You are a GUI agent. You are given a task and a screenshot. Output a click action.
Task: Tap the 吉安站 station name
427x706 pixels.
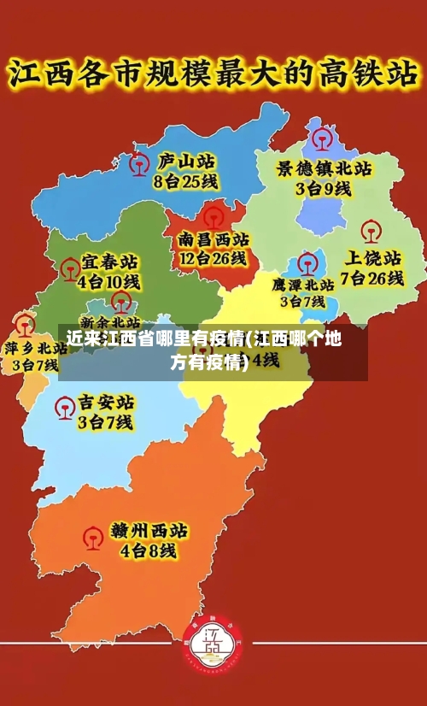coord(106,402)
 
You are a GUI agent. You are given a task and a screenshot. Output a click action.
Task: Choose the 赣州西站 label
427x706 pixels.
coord(149,531)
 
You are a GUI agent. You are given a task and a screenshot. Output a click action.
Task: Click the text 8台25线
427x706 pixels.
coord(185,181)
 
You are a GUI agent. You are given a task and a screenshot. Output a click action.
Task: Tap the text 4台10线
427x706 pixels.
coord(108,280)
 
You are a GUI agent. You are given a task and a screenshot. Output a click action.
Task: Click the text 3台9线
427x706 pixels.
coord(324,189)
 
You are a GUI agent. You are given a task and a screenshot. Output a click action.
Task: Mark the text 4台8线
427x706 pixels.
coord(149,551)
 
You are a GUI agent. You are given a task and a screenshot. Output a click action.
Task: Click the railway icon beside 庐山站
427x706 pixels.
coord(137,163)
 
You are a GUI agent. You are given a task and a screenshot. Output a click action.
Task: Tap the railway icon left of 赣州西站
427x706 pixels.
coord(92,538)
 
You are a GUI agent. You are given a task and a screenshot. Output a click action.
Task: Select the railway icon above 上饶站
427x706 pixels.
coord(370,231)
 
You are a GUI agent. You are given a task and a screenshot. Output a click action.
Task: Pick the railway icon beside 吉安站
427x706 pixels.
coord(63,409)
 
